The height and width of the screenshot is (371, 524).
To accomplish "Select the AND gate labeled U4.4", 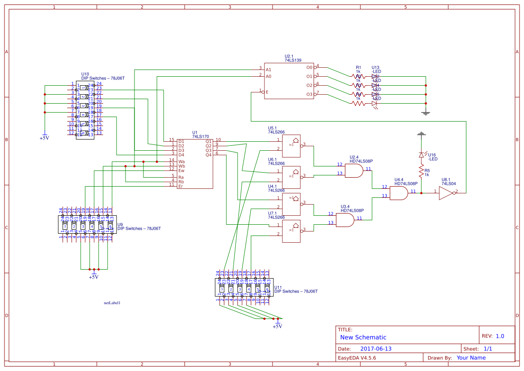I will click(398, 193).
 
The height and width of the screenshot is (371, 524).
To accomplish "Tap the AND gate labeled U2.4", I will click(354, 171).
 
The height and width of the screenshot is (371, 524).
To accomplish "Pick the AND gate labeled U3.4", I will click(345, 220).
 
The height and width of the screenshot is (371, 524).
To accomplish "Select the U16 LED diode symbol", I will click(421, 154).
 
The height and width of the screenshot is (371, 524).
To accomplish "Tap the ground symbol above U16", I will click(421, 134).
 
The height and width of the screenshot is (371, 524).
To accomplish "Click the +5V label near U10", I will click(44, 138).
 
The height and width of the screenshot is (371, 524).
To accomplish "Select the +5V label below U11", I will click(277, 326).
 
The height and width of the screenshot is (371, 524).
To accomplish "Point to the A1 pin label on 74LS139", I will click(268, 70).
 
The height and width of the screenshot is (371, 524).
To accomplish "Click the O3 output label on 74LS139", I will click(309, 94).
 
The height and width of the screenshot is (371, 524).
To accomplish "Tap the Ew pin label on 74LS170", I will click(182, 170).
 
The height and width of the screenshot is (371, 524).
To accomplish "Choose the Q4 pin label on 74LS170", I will click(208, 155).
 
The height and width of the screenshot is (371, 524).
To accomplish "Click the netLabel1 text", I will click(112, 303).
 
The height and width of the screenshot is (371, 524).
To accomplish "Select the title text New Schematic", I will click(363, 337).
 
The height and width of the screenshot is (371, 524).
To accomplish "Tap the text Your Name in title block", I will click(471, 358).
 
